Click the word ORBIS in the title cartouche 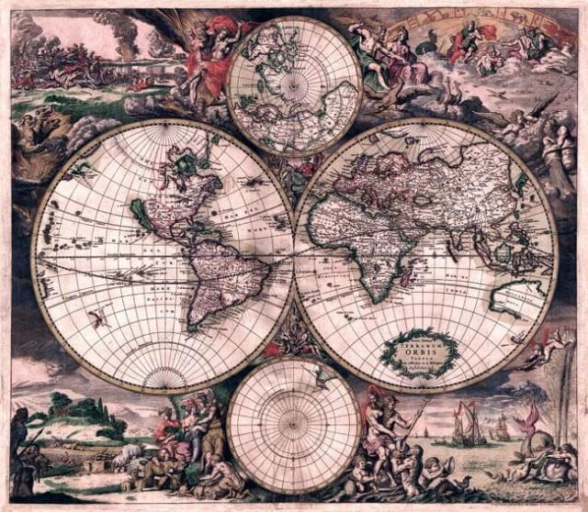coord(421,349)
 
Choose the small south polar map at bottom coord(293,426)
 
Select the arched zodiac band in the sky coord(478,22)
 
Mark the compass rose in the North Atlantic coord(254,184)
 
